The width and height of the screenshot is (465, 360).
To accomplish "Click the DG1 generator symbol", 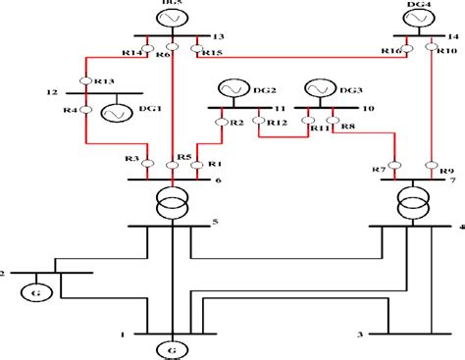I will tap(118, 113).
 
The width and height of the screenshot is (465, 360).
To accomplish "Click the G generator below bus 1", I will tap(172, 348).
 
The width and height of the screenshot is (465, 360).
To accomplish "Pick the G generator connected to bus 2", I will tap(31, 291).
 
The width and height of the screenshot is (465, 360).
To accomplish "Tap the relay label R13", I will tap(104, 80).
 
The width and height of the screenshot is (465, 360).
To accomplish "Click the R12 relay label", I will tap(278, 123).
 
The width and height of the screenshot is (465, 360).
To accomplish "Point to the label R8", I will tap(349, 124).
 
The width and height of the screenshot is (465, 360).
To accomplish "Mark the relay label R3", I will tap(131, 159).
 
